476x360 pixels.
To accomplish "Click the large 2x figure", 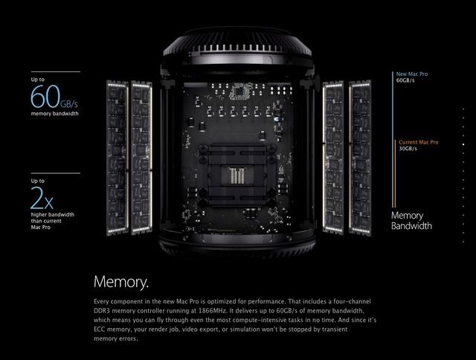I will tap(42, 199).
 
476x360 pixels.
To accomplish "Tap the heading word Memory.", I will tap(120, 282).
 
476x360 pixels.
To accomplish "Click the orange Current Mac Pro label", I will tap(418, 141).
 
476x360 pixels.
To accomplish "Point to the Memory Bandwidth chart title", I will tap(411, 220).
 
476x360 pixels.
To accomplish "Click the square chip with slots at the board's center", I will tap(235, 176).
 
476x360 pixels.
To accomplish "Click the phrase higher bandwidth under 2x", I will tap(52, 215).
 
